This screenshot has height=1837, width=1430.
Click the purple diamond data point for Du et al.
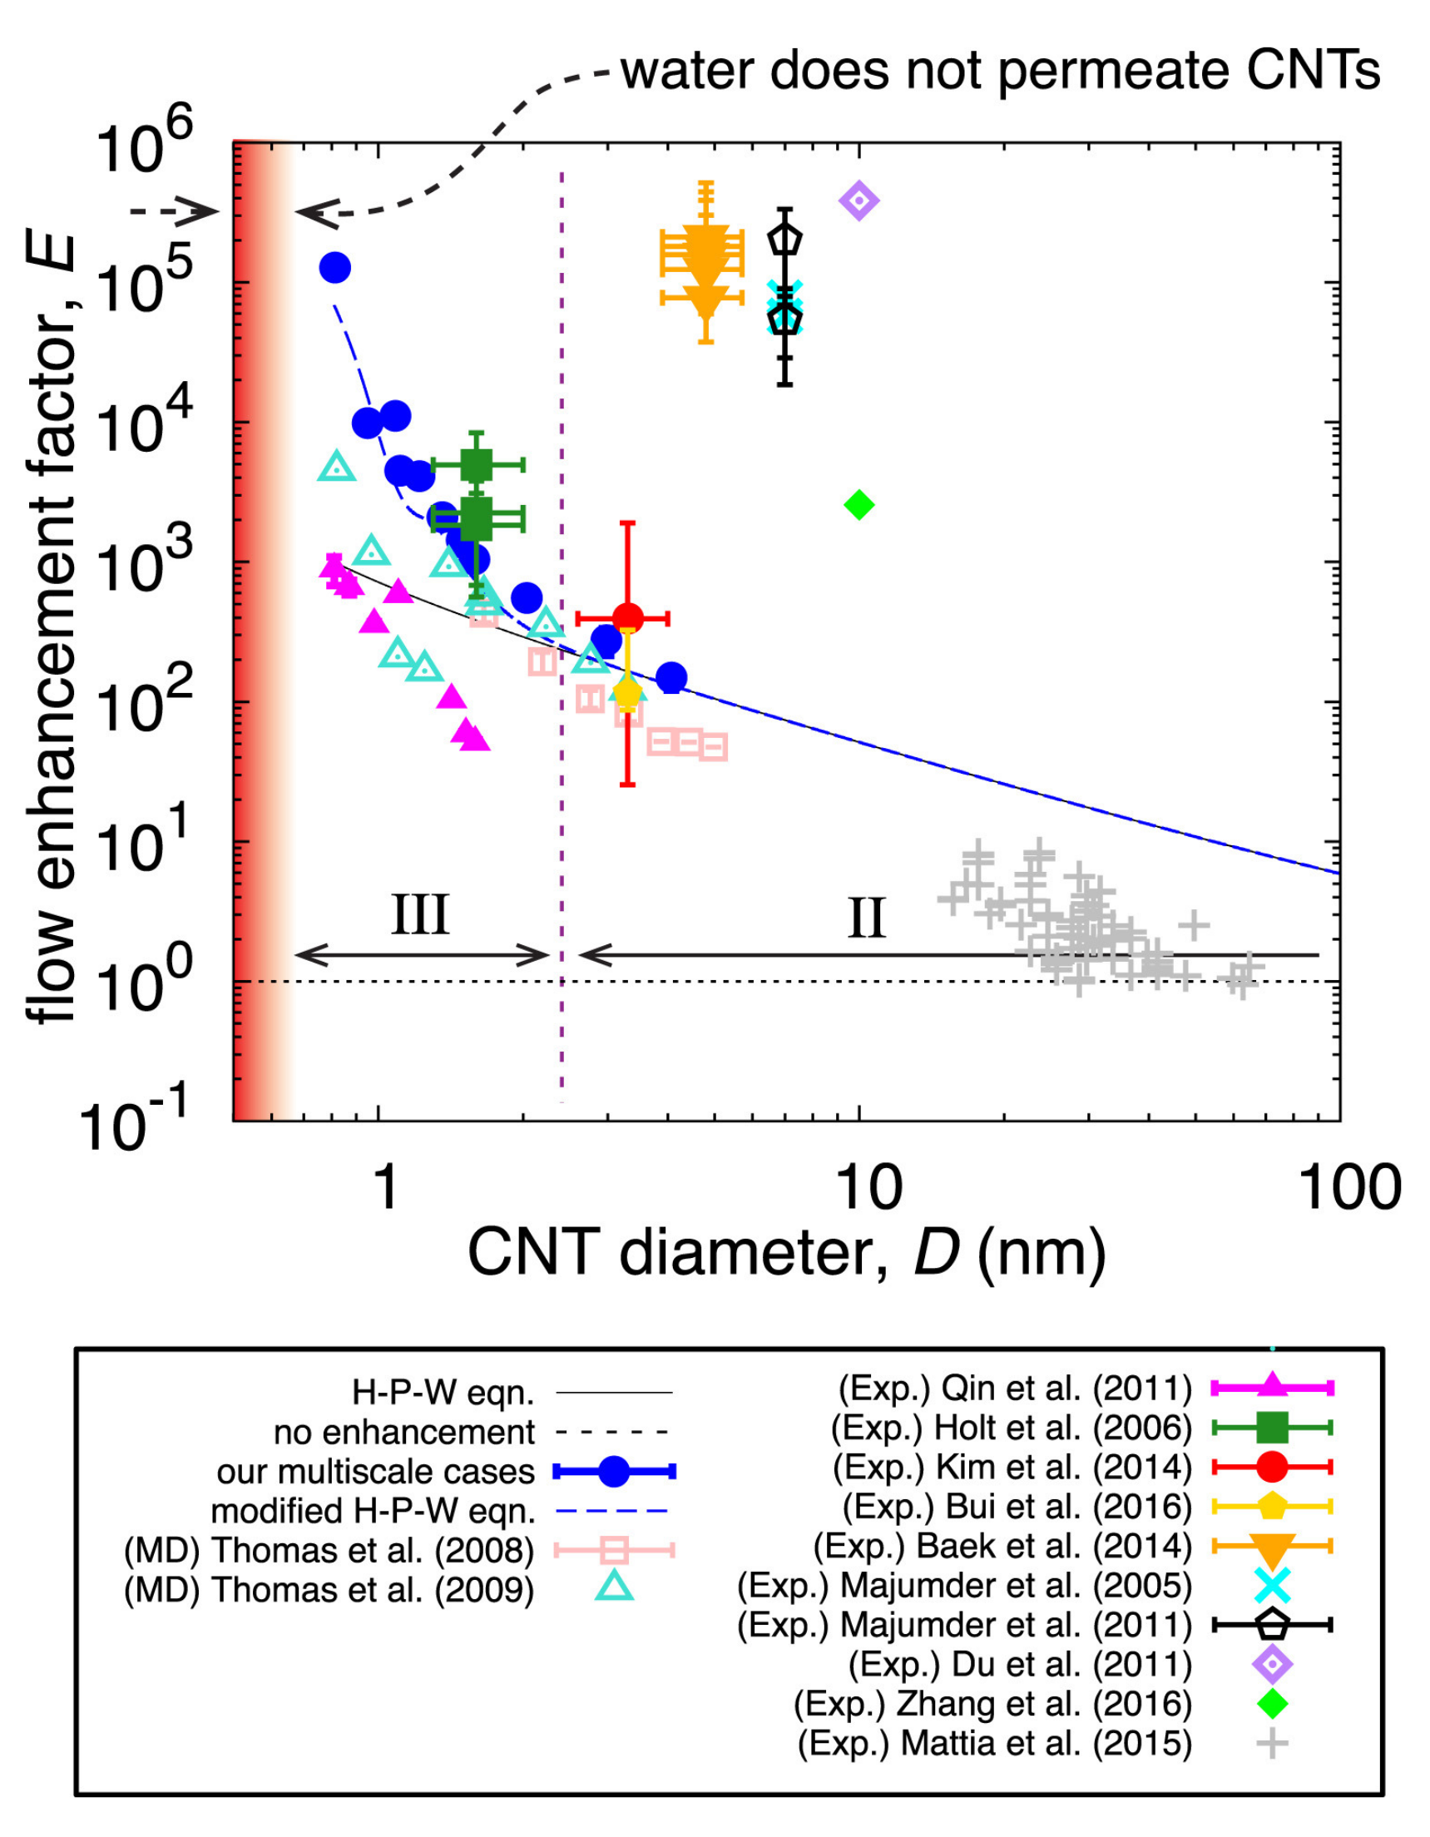click(x=858, y=201)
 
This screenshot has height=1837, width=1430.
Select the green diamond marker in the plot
click(x=858, y=505)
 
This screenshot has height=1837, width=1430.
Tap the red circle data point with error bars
click(x=627, y=618)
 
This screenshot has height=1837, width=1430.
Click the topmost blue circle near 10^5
click(x=334, y=267)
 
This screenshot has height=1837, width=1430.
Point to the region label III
click(x=421, y=915)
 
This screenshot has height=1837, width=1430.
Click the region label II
click(x=867, y=918)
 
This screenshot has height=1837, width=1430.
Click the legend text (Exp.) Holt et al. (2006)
click(x=1011, y=1428)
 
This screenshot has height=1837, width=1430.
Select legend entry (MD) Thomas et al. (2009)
click(x=329, y=1590)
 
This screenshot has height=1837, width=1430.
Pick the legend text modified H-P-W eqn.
click(x=373, y=1511)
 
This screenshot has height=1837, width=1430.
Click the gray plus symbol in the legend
click(x=1272, y=1744)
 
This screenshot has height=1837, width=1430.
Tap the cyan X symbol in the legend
click(x=1272, y=1586)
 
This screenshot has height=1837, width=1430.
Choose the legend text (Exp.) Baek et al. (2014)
click(x=1002, y=1546)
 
